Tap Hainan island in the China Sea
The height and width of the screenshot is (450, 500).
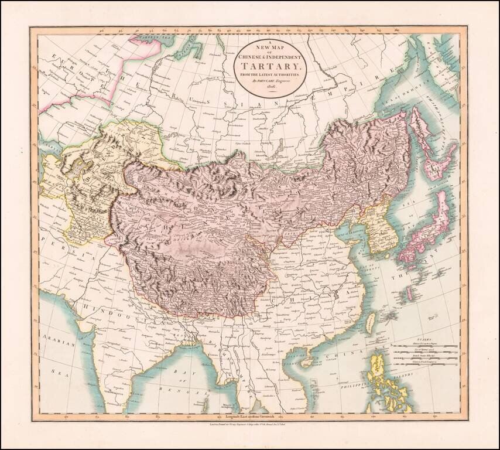pyautogui.click(x=306, y=362)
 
